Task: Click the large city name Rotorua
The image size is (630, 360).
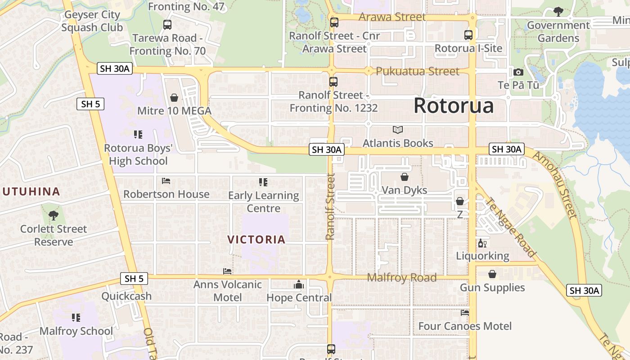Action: [453, 106]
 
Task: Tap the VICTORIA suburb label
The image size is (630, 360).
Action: [256, 239]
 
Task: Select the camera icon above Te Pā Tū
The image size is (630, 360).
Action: [518, 72]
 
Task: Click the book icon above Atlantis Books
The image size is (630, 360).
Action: [398, 130]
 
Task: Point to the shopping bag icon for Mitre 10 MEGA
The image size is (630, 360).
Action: [174, 98]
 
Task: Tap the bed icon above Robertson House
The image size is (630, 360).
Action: [166, 181]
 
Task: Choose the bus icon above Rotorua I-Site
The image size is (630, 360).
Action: [468, 35]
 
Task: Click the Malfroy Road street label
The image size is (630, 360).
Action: [402, 278]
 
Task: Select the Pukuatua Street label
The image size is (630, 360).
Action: [418, 71]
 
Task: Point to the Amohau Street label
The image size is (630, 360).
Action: [554, 184]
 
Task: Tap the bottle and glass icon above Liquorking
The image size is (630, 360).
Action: [482, 243]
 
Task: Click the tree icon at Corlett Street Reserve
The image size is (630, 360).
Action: [54, 216]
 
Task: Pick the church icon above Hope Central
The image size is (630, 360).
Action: [299, 284]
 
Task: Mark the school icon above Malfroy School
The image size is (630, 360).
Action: [76, 318]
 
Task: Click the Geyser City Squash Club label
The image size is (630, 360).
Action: [92, 21]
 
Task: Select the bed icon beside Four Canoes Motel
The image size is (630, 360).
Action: [465, 313]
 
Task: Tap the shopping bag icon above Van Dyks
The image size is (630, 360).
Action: [405, 177]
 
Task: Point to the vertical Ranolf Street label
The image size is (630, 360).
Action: [331, 207]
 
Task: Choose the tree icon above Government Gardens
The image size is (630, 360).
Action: [558, 12]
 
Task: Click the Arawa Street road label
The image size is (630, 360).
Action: [392, 17]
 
